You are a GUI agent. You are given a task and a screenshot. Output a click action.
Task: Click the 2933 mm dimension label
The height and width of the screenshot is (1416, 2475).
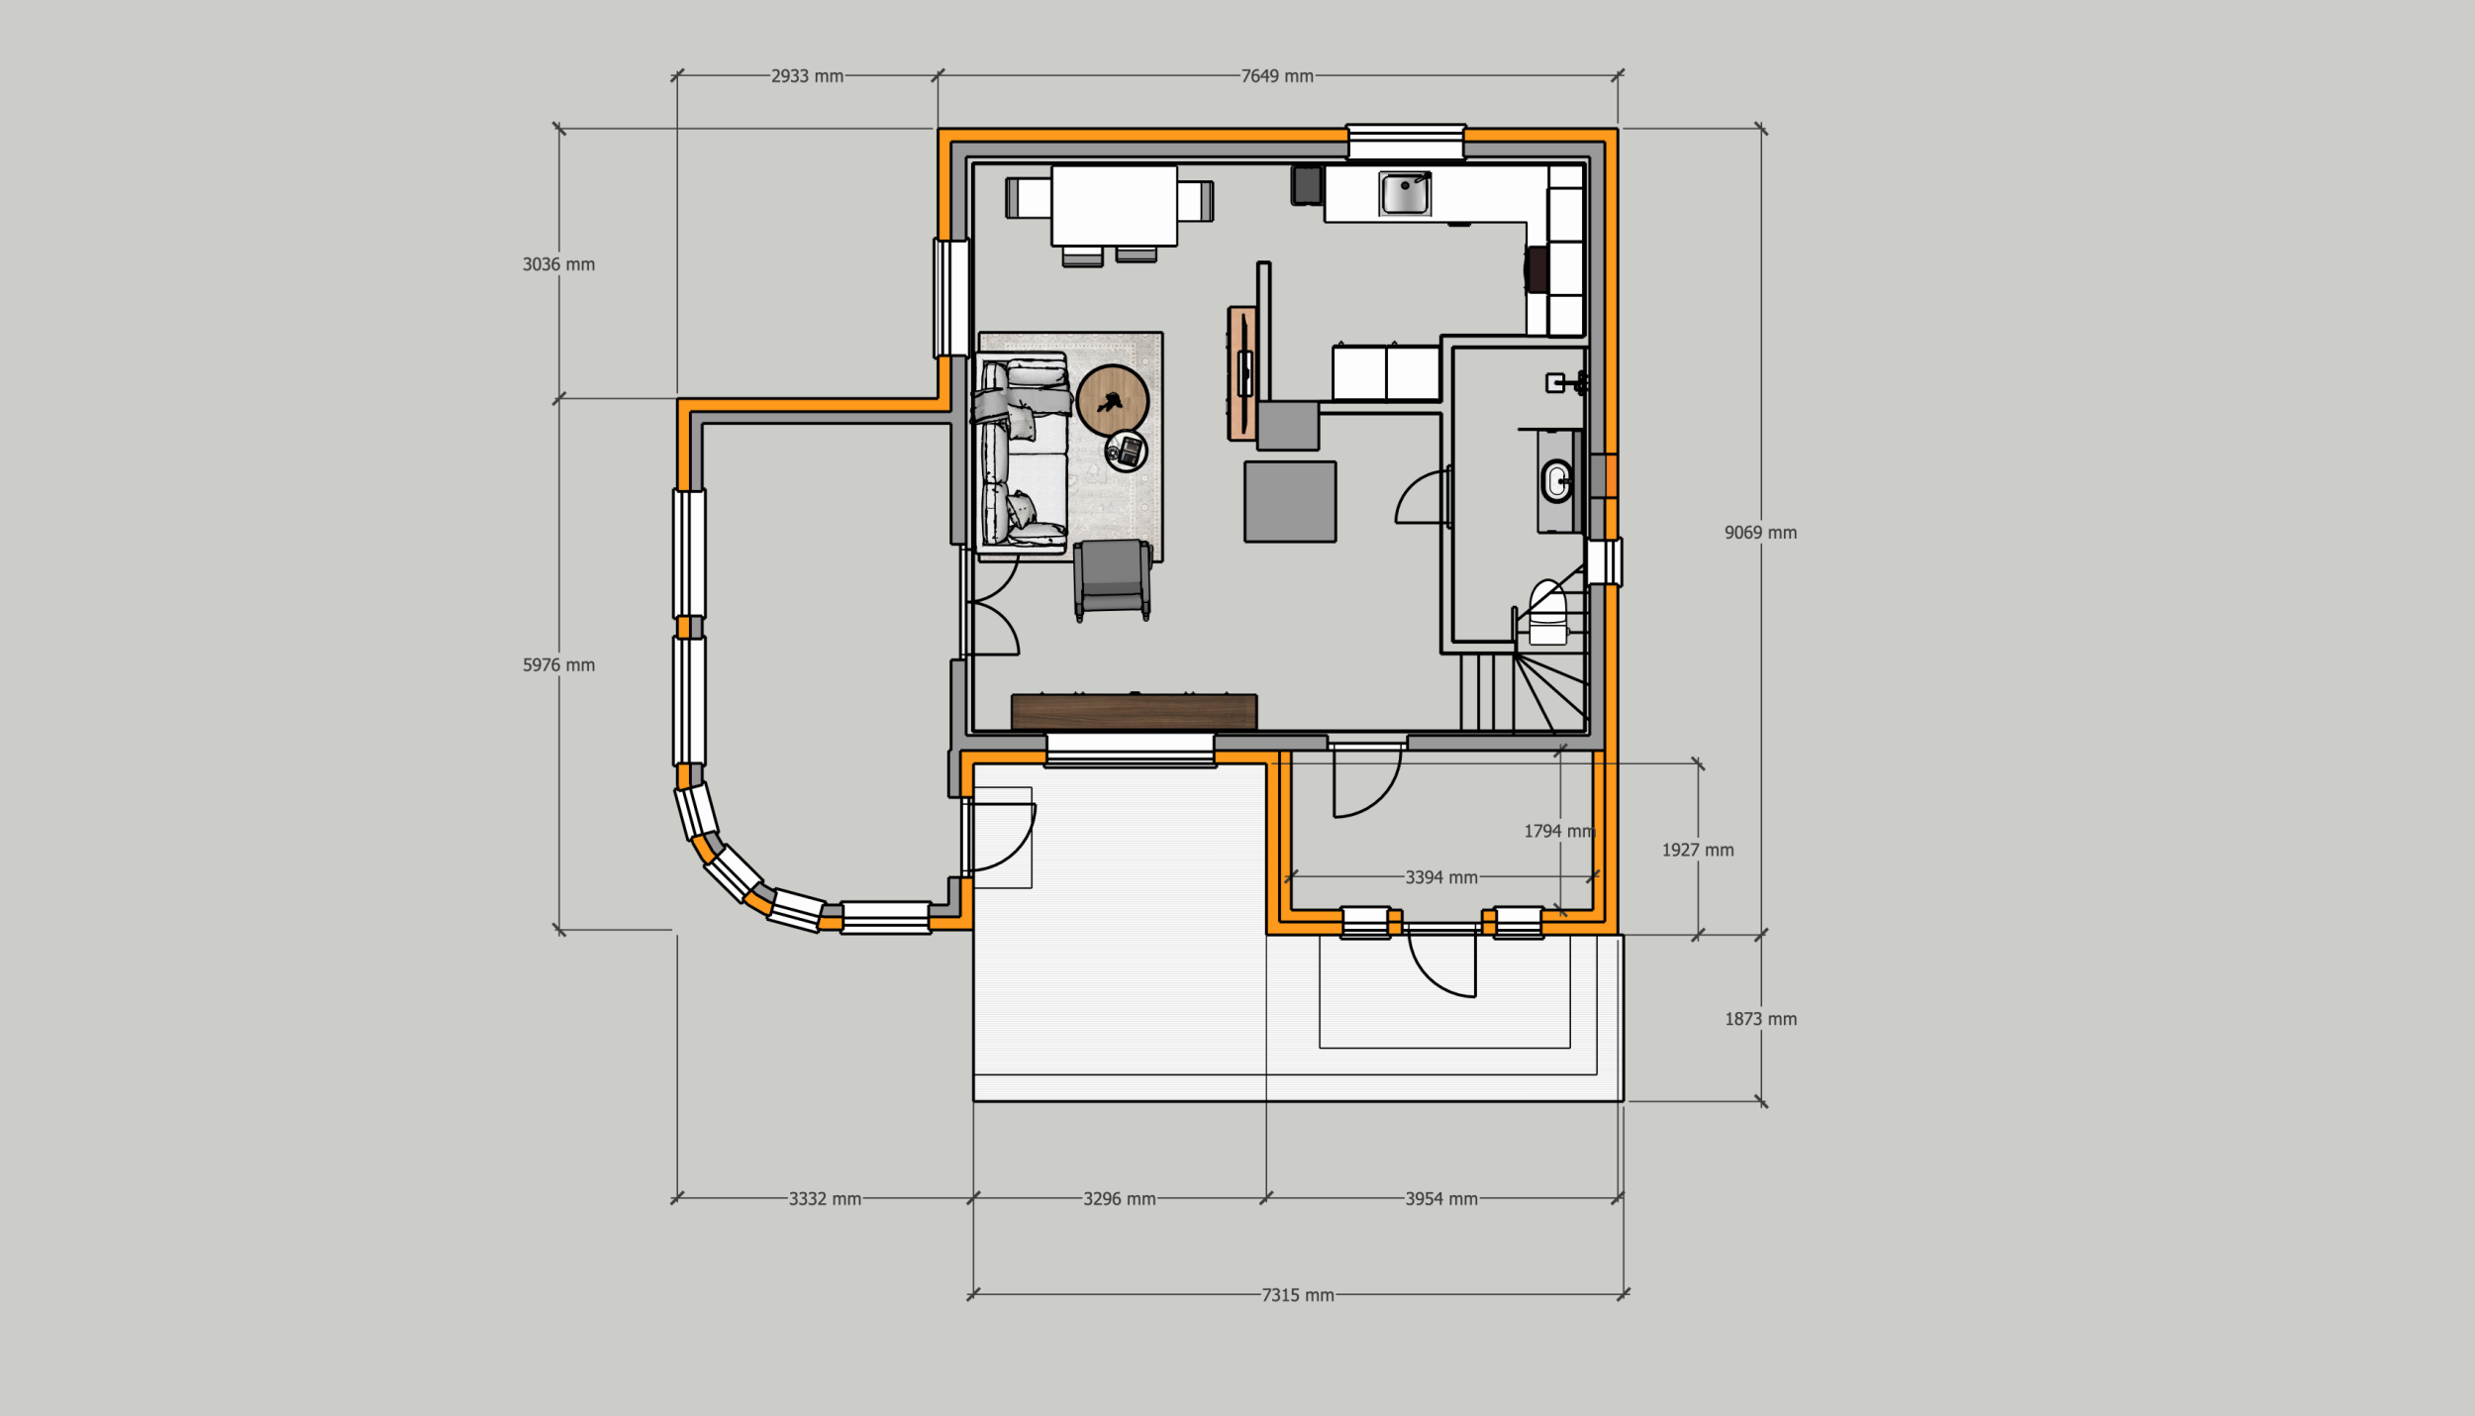pyautogui.click(x=807, y=76)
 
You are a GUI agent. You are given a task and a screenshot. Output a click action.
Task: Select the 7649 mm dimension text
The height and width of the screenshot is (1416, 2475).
pyautogui.click(x=1277, y=76)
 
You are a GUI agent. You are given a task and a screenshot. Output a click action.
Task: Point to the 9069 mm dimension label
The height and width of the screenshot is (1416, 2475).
pyautogui.click(x=1760, y=533)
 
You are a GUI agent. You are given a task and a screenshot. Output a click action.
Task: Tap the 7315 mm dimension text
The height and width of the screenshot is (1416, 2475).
pyautogui.click(x=1298, y=1295)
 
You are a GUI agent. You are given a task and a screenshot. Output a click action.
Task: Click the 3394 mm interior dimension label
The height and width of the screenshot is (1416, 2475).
pyautogui.click(x=1441, y=877)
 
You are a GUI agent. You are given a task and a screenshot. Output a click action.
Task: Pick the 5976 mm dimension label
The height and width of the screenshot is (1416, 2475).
pyautogui.click(x=558, y=665)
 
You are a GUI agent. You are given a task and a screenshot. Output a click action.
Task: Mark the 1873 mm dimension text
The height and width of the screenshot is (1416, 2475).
pyautogui.click(x=1760, y=1019)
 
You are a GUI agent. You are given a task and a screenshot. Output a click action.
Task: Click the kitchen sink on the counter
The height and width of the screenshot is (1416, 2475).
pyautogui.click(x=1405, y=193)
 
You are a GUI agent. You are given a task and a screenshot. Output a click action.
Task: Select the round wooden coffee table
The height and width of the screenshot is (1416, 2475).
pyautogui.click(x=1112, y=401)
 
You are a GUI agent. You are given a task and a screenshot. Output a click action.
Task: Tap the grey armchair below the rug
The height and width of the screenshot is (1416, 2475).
pyautogui.click(x=1112, y=580)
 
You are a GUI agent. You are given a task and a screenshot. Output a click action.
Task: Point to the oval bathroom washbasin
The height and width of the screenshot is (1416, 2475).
pyautogui.click(x=1556, y=482)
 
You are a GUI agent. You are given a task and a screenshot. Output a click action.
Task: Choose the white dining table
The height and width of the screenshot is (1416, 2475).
pyautogui.click(x=1114, y=206)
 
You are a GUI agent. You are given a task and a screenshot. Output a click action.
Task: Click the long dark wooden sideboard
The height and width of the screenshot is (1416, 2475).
pyautogui.click(x=1135, y=712)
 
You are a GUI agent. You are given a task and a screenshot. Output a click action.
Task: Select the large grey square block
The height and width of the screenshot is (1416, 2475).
pyautogui.click(x=1290, y=501)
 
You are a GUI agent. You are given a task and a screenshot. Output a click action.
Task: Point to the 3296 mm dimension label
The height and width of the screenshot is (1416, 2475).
pyautogui.click(x=1119, y=1199)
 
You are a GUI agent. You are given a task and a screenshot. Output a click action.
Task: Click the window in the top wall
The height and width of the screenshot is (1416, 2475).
pyautogui.click(x=1406, y=141)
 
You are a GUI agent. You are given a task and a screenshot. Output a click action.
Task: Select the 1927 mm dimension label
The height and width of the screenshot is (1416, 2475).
pyautogui.click(x=1698, y=850)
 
